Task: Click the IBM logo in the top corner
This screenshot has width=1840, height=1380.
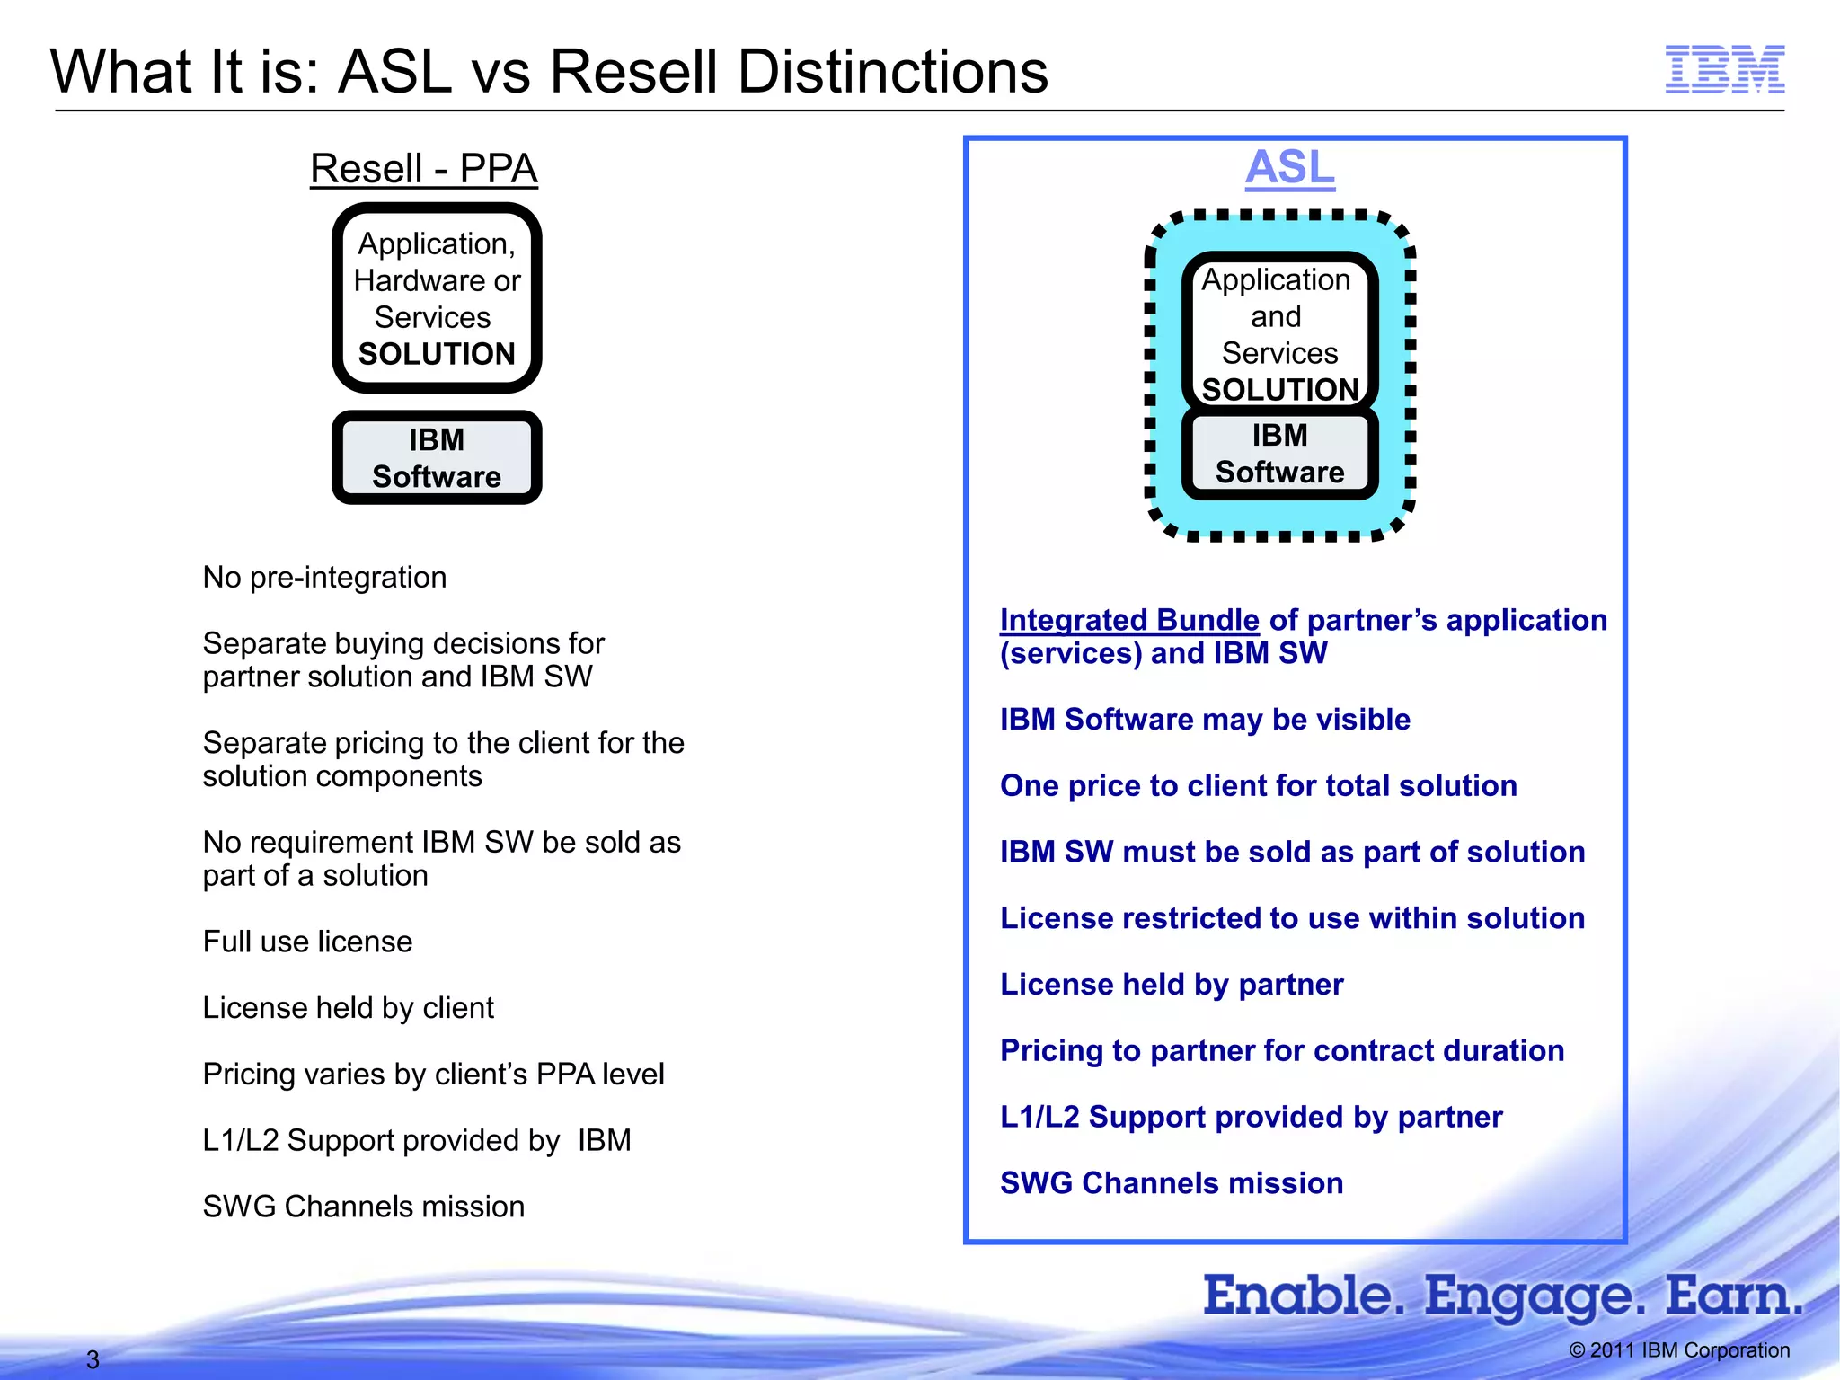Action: pyautogui.click(x=1724, y=69)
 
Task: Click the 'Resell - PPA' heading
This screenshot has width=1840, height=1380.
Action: pyautogui.click(x=423, y=169)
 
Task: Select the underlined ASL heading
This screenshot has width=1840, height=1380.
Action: pyautogui.click(x=1289, y=168)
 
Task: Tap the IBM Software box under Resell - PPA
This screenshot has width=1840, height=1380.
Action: pyautogui.click(x=437, y=458)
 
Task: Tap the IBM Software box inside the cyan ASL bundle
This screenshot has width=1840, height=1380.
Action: pyautogui.click(x=1279, y=455)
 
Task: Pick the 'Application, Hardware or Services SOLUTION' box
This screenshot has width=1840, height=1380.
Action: pyautogui.click(x=437, y=298)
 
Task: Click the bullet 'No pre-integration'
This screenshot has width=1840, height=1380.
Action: pyautogui.click(x=324, y=577)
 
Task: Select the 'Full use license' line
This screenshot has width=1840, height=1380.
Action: pyautogui.click(x=307, y=942)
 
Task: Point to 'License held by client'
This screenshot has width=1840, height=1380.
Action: pyautogui.click(x=348, y=1008)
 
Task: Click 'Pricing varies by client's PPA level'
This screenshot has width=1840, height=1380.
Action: pyautogui.click(x=433, y=1075)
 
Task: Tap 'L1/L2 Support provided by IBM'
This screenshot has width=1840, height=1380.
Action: pyautogui.click(x=416, y=1141)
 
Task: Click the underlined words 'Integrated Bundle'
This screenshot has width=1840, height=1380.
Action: pyautogui.click(x=1129, y=620)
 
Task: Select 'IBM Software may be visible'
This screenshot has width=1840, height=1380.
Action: pyautogui.click(x=1205, y=720)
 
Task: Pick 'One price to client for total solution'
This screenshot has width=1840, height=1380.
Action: pyautogui.click(x=1258, y=786)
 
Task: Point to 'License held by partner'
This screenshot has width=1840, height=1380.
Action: pyautogui.click(x=1172, y=985)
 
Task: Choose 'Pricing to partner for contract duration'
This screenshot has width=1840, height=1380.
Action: pyautogui.click(x=1282, y=1051)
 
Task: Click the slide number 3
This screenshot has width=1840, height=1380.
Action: pyautogui.click(x=93, y=1359)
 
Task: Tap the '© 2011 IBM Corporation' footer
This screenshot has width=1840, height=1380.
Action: pyautogui.click(x=1678, y=1350)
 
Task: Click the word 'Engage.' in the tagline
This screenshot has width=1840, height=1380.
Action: pyautogui.click(x=1535, y=1296)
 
